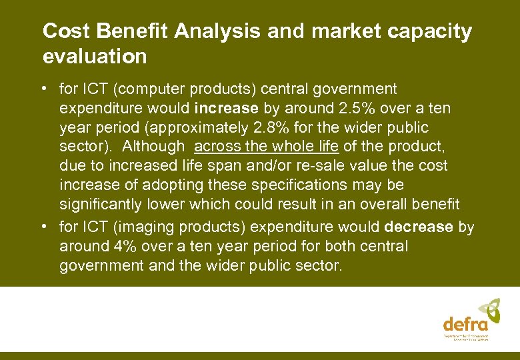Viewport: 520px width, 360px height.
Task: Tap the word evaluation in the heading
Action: coord(95,57)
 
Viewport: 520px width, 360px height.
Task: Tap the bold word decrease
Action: coord(419,227)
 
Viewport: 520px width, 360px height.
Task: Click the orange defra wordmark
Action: coord(465,325)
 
